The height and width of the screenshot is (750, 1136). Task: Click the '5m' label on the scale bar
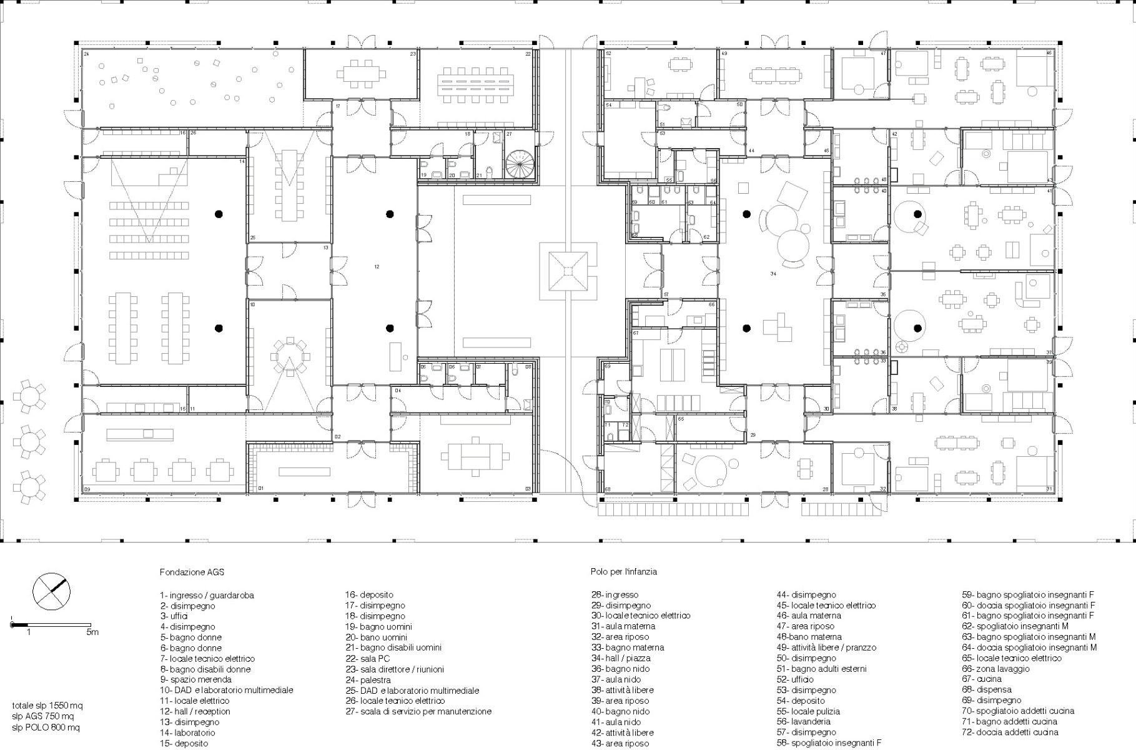92,632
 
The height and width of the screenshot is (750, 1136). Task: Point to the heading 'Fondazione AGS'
192,572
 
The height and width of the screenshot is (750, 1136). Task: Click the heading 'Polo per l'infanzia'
623,572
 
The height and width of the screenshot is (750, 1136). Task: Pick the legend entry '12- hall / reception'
195,711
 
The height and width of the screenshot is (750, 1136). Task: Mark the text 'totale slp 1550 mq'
47,706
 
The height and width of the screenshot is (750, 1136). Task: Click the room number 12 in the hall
377,267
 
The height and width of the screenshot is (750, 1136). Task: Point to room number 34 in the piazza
773,274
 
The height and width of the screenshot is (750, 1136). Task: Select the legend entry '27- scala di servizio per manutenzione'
418,711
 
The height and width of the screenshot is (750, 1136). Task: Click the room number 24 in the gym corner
86,54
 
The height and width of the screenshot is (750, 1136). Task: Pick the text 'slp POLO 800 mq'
46,727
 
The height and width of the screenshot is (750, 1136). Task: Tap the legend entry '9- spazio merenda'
195,679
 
